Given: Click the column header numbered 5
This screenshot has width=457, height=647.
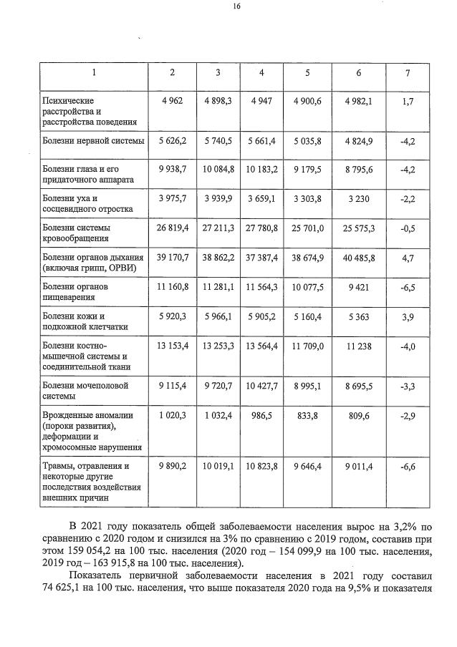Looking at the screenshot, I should pyautogui.click(x=307, y=73).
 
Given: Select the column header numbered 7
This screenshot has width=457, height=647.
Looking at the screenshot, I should pyautogui.click(x=408, y=73).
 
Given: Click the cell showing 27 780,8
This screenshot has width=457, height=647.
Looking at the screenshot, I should pyautogui.click(x=261, y=227).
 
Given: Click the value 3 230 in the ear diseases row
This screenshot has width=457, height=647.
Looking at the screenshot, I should pyautogui.click(x=358, y=198).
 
